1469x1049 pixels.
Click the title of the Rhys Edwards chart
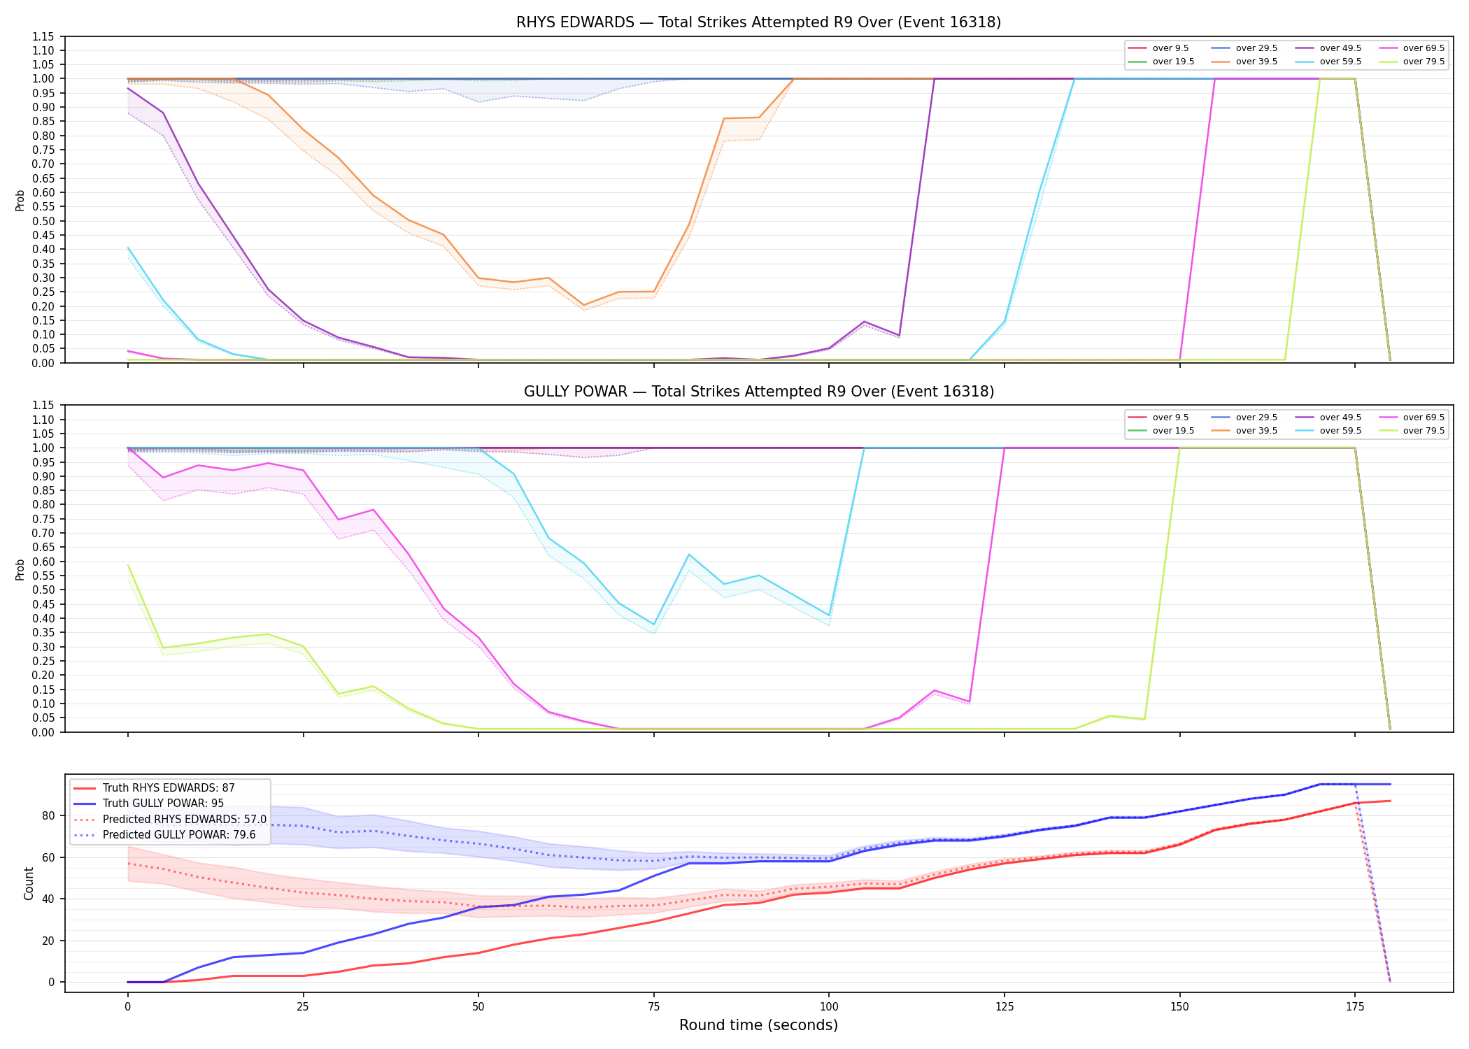point(758,22)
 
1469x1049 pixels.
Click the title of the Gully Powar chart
point(759,392)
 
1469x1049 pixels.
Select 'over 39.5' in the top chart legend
point(1256,62)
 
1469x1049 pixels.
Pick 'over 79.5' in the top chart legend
point(1424,62)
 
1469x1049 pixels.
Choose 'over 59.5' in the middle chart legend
point(1340,431)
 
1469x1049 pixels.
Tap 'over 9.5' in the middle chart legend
point(1170,418)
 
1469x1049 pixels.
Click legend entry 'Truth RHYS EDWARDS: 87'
point(169,788)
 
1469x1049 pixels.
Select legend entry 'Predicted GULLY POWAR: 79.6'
point(179,835)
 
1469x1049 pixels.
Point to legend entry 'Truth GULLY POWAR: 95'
point(163,804)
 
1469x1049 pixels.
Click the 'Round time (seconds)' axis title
point(758,1025)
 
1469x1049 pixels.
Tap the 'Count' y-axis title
point(29,883)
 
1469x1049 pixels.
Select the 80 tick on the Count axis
point(48,815)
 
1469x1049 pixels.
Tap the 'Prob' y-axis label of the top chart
point(20,200)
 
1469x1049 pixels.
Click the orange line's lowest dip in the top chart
point(583,306)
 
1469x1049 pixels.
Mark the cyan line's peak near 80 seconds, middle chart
point(689,555)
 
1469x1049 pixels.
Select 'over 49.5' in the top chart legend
point(1340,48)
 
